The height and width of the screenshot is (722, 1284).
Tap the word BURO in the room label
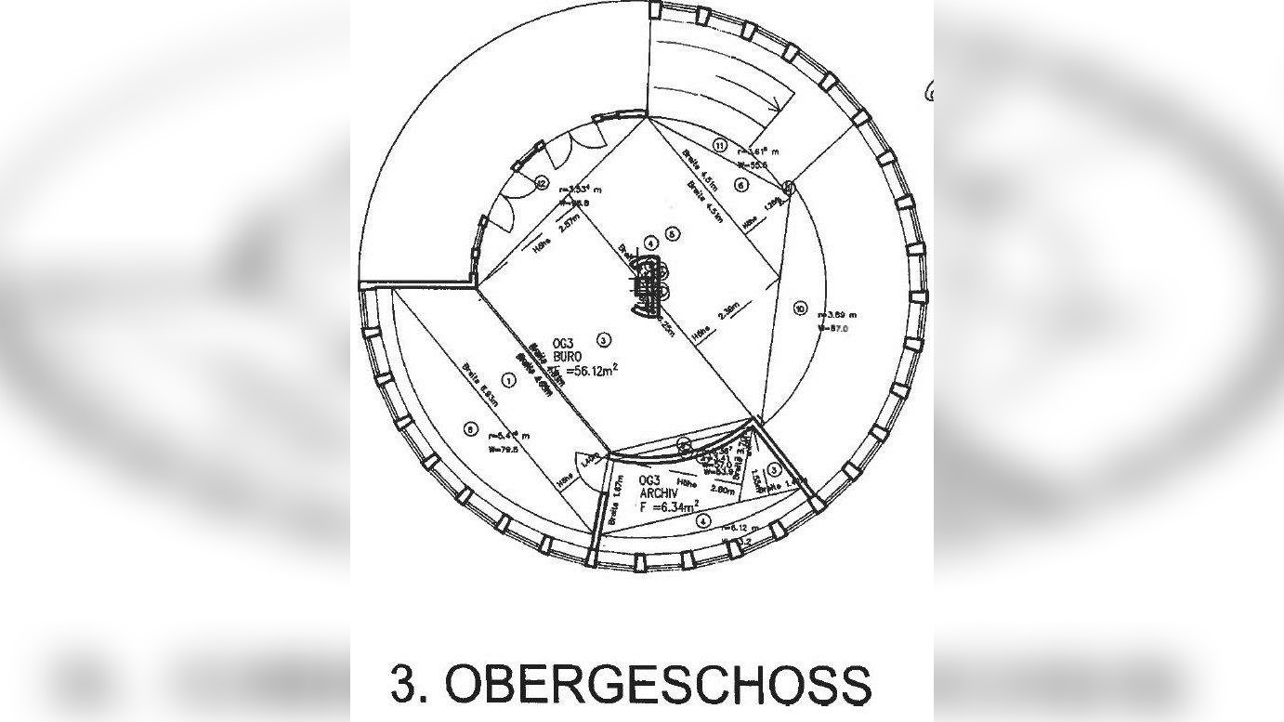coord(568,356)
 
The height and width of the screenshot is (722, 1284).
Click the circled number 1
coord(508,379)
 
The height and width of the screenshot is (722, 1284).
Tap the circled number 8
coord(470,428)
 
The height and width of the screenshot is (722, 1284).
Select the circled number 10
coord(801,308)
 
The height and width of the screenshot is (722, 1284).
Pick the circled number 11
coord(719,144)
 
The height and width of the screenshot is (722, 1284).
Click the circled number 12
coord(542,183)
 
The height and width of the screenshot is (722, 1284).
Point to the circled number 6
coord(740,184)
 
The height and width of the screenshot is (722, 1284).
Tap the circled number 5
coord(673,234)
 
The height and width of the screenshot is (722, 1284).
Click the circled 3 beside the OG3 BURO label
coord(604,339)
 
